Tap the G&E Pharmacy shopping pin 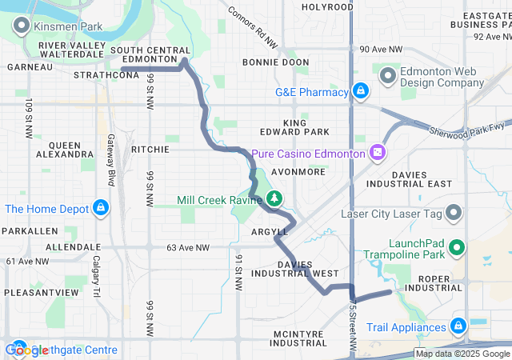point(361,91)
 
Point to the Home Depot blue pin point(100,209)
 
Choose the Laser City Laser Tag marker point(454,214)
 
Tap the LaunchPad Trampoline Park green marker point(457,248)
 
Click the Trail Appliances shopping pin point(458,326)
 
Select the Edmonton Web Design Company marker point(388,77)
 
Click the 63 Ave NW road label point(186,247)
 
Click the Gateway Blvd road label point(110,158)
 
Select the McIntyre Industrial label point(300,337)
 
